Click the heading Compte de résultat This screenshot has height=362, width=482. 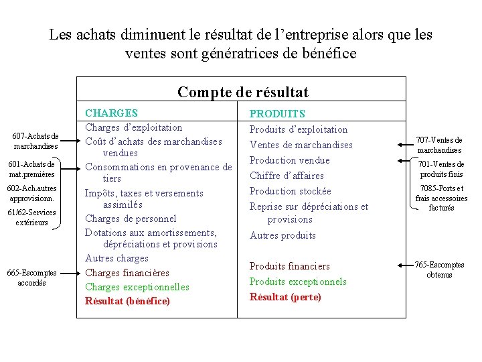[x=243, y=91]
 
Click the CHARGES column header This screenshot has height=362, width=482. [x=111, y=113]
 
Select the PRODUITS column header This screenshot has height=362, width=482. [x=277, y=114]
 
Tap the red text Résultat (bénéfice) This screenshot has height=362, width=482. [x=127, y=300]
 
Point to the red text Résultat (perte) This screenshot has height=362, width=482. [x=285, y=296]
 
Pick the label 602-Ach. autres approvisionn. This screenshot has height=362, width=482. [x=31, y=194]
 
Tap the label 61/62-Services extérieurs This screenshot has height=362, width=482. [x=31, y=217]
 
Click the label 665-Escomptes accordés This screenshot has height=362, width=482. [x=31, y=278]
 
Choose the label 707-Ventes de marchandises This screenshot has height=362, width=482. [x=439, y=145]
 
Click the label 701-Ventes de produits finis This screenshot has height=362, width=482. [x=440, y=169]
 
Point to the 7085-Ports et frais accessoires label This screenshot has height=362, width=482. [x=441, y=198]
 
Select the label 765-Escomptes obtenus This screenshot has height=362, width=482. [x=439, y=269]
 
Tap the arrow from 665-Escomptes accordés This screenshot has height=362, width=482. [x=68, y=273]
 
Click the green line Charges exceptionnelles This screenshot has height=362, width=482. [x=137, y=287]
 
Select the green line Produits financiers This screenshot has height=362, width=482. [x=289, y=266]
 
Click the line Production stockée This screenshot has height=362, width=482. [x=290, y=191]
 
